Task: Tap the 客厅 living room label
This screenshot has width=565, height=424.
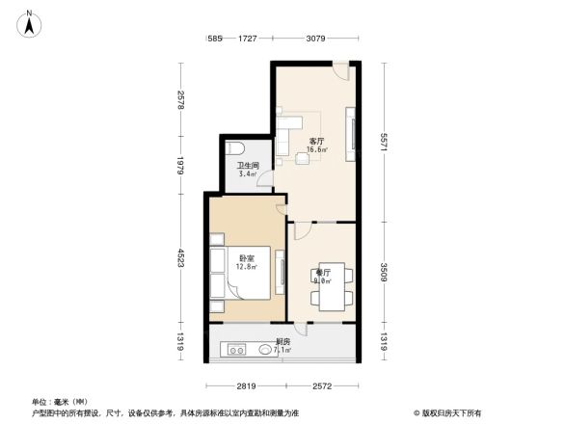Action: (x=315, y=141)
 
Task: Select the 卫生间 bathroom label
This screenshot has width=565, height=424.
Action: (x=248, y=166)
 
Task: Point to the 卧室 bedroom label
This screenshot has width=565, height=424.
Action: (x=246, y=257)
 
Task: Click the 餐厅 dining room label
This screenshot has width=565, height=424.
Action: (x=323, y=273)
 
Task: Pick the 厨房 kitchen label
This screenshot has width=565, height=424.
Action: (x=283, y=341)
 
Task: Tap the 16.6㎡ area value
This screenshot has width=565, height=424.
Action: (x=316, y=150)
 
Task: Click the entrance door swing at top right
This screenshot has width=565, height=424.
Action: (x=340, y=71)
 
